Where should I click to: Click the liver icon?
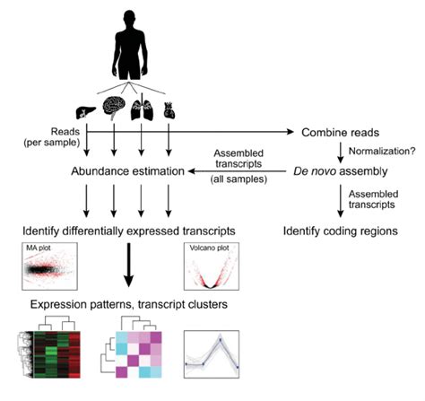coord(85,112)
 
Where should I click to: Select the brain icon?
coord(114,107)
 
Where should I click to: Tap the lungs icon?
coord(142,109)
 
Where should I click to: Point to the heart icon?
coord(169,110)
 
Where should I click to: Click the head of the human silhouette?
coord(129,19)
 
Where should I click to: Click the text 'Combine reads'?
coord(340,133)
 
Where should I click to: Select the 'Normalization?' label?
coord(382,151)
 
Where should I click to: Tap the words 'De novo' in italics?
coord(315,171)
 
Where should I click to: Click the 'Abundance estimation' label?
coord(127,171)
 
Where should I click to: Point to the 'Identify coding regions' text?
coord(341,231)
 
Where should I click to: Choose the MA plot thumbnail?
coord(49,266)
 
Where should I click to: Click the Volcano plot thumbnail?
coord(212,266)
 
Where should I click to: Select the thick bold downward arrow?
coord(129,265)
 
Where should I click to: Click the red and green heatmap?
coord(49,354)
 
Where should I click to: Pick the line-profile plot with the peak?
coord(212,354)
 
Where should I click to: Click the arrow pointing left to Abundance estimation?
coord(237,171)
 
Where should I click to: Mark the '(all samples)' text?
coord(239,179)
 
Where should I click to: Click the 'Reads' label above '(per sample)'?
coord(65,132)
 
